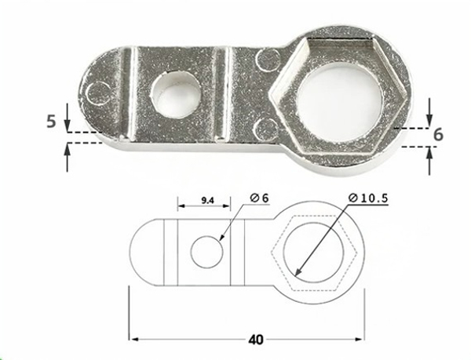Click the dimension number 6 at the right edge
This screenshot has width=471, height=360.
[x=438, y=134]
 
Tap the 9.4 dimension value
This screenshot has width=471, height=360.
[x=206, y=202]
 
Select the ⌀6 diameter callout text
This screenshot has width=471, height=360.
[x=260, y=198]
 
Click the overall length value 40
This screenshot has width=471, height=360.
[x=254, y=340]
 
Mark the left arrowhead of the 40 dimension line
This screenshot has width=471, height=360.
[x=134, y=339]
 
